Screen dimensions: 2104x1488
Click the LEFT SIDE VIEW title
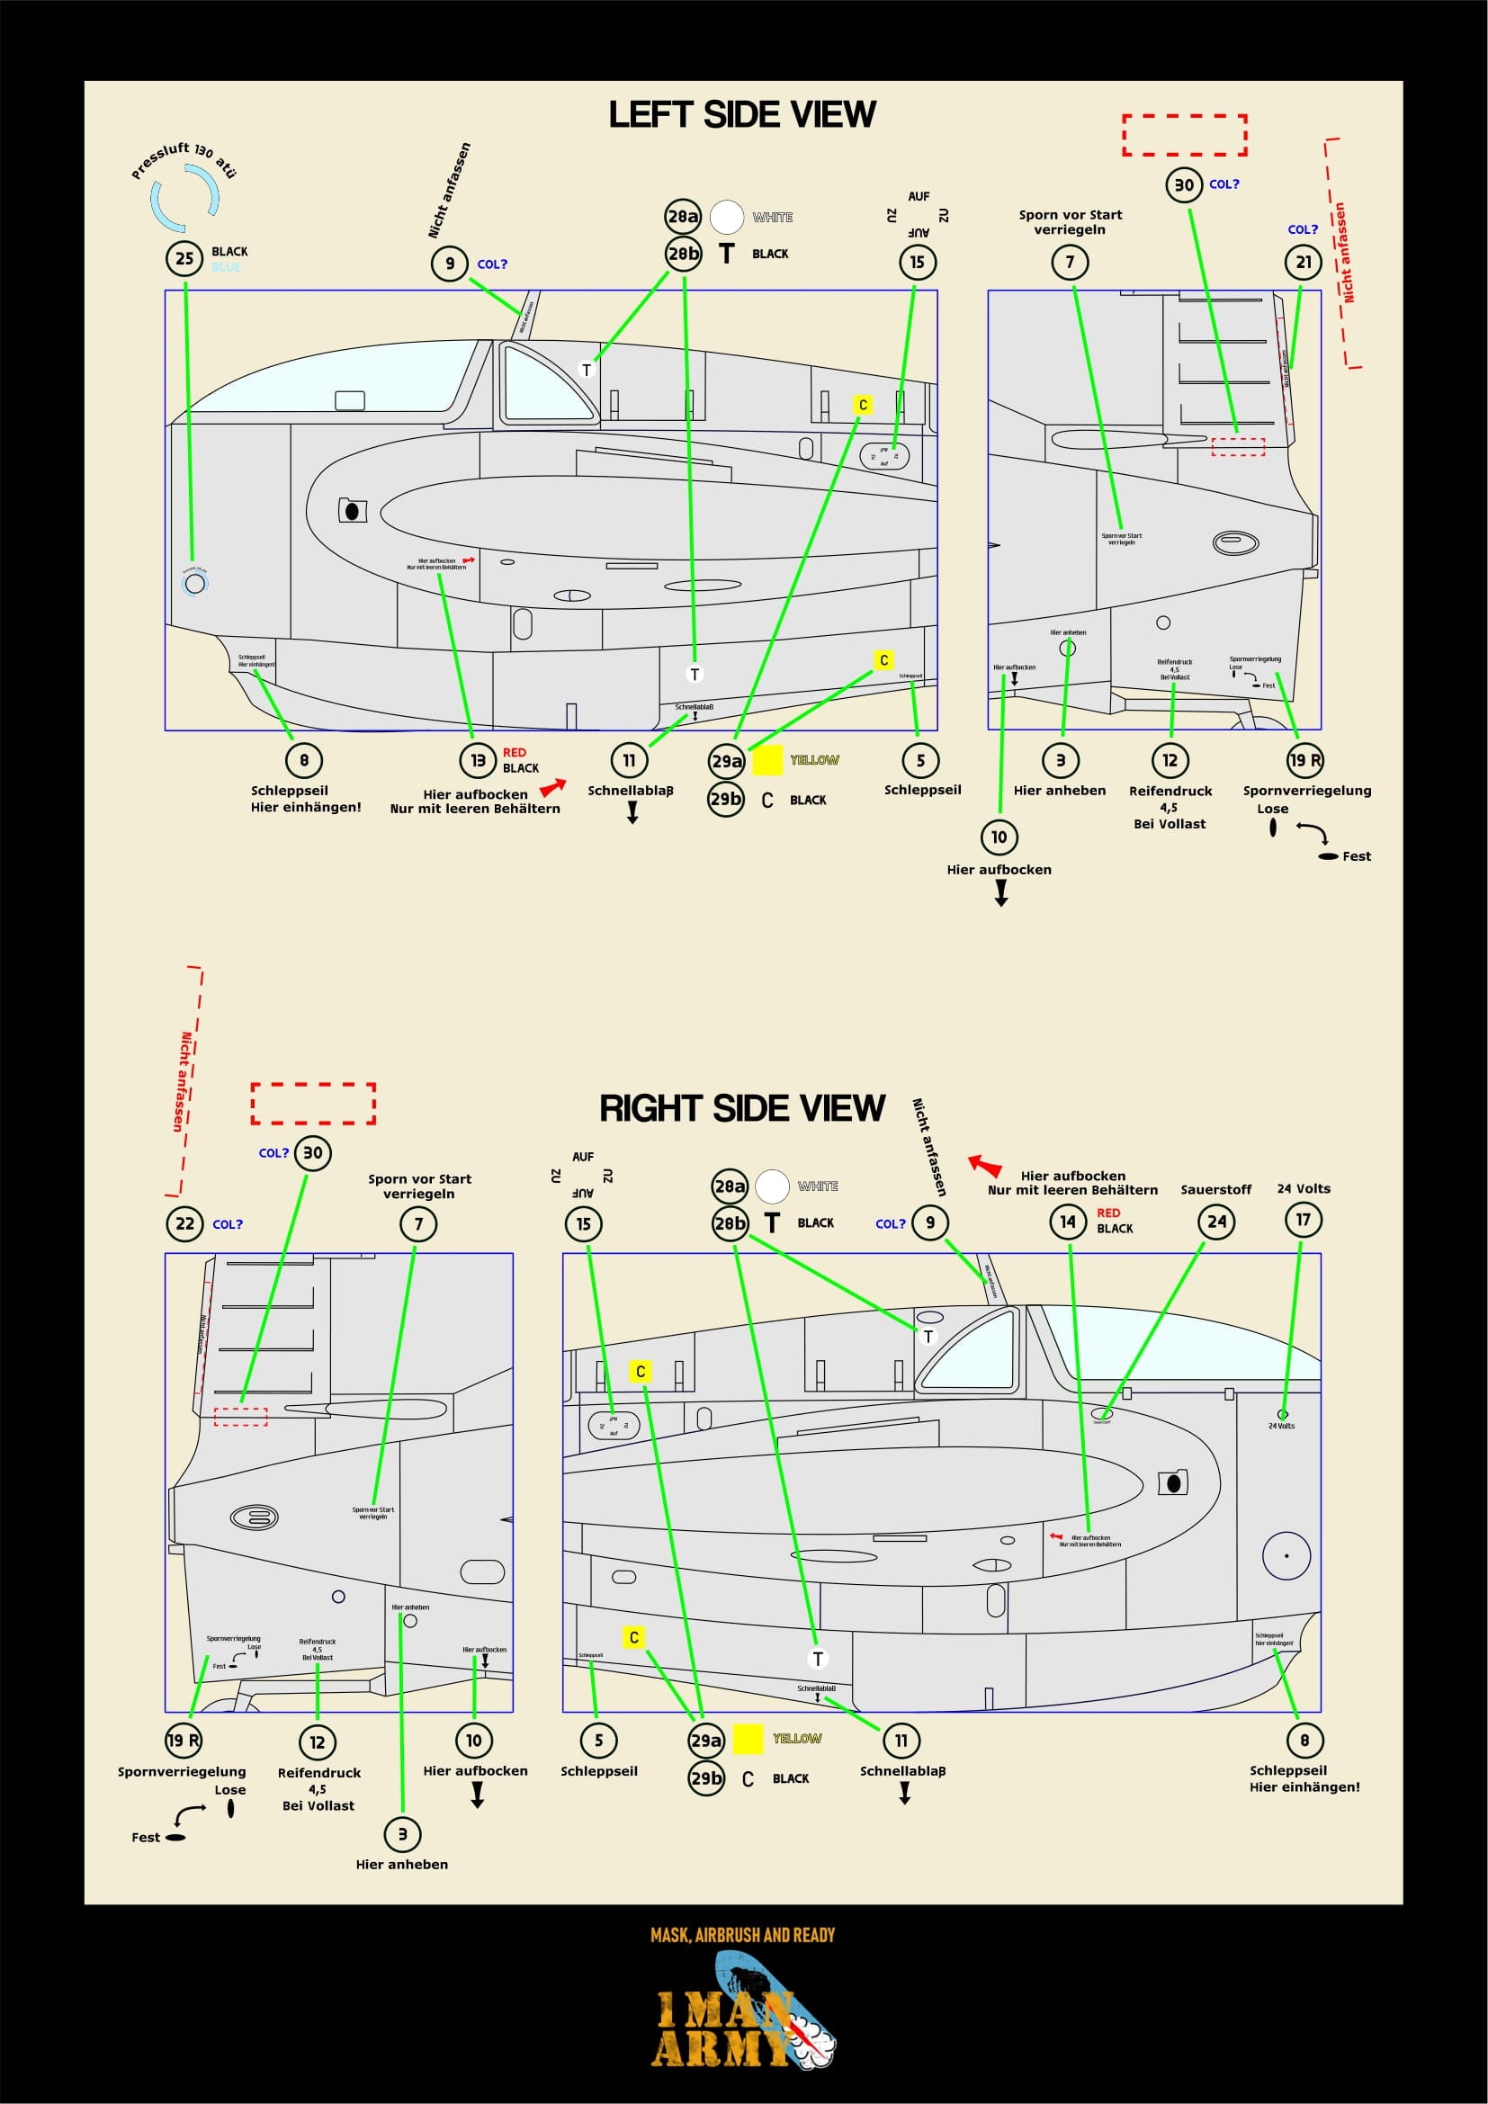coord(742,114)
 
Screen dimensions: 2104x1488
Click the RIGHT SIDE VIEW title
coord(741,1108)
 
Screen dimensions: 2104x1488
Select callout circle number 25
coord(184,258)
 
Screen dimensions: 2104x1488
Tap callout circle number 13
coord(478,760)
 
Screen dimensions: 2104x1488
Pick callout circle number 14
coord(1068,1221)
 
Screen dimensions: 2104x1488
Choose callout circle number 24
coord(1216,1221)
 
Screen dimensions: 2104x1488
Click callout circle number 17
coord(1303,1220)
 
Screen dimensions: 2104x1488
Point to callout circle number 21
coord(1303,263)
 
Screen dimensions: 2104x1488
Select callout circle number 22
coord(184,1223)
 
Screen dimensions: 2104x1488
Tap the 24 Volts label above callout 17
coord(1303,1188)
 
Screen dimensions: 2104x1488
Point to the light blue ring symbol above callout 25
coord(185,198)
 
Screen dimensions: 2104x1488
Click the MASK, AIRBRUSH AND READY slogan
coord(742,1935)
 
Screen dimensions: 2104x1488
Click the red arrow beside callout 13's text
coord(552,786)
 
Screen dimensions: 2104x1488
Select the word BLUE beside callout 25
coord(226,267)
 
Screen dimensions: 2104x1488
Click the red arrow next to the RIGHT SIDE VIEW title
coord(986,1165)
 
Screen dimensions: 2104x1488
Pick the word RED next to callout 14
coord(1107,1213)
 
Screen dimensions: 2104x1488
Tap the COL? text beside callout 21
coord(1302,230)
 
